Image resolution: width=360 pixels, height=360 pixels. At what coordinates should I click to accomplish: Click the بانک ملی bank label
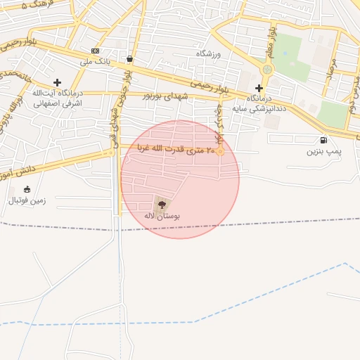tap(96, 62)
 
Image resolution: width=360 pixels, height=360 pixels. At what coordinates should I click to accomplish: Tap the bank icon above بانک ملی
tap(96, 51)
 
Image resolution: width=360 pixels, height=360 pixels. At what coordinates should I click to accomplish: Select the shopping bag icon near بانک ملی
tap(131, 59)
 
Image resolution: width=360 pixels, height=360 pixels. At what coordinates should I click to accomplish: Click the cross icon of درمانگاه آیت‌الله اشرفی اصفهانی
tap(57, 82)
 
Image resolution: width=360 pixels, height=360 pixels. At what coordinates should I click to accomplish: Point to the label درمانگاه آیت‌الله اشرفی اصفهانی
tap(57, 98)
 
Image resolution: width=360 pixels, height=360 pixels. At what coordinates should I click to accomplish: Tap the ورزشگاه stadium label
tap(208, 53)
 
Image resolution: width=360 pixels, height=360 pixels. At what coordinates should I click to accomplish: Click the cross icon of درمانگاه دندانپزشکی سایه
tap(259, 88)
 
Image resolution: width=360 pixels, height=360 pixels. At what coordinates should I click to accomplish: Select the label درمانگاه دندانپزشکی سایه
tap(260, 104)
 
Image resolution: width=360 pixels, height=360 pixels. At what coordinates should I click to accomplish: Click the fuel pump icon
tap(323, 140)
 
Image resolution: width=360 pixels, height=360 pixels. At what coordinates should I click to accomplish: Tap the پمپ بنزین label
tap(323, 151)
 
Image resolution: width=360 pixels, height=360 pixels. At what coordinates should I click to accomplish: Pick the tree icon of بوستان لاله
tap(162, 205)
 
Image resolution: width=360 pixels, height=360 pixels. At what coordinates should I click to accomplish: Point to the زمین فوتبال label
tap(27, 200)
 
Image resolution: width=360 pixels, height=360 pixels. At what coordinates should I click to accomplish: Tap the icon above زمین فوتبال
tap(27, 189)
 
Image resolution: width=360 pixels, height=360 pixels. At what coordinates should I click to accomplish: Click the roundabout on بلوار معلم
tap(267, 70)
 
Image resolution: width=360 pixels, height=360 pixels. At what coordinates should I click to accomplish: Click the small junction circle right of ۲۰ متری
tap(221, 150)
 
